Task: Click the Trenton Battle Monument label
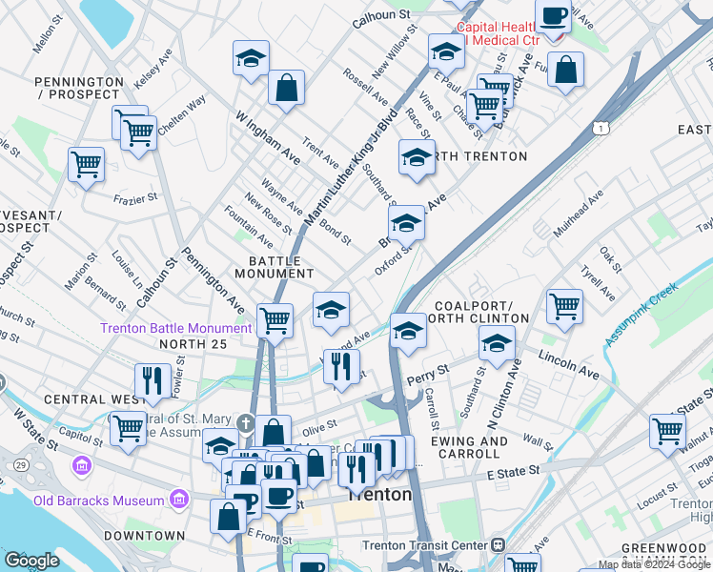coord(176,329)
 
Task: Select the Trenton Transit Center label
coord(425,545)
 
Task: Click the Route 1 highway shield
coord(599,127)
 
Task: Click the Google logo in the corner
coord(31,561)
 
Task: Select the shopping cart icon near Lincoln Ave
coord(564,307)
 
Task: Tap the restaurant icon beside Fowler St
coord(153,379)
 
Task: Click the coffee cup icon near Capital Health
coord(553,16)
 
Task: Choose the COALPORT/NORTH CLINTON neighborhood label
coord(481,312)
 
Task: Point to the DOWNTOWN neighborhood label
coord(145,536)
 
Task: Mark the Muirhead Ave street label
coord(579,214)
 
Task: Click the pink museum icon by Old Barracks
coord(177,499)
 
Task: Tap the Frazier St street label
coord(134,199)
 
